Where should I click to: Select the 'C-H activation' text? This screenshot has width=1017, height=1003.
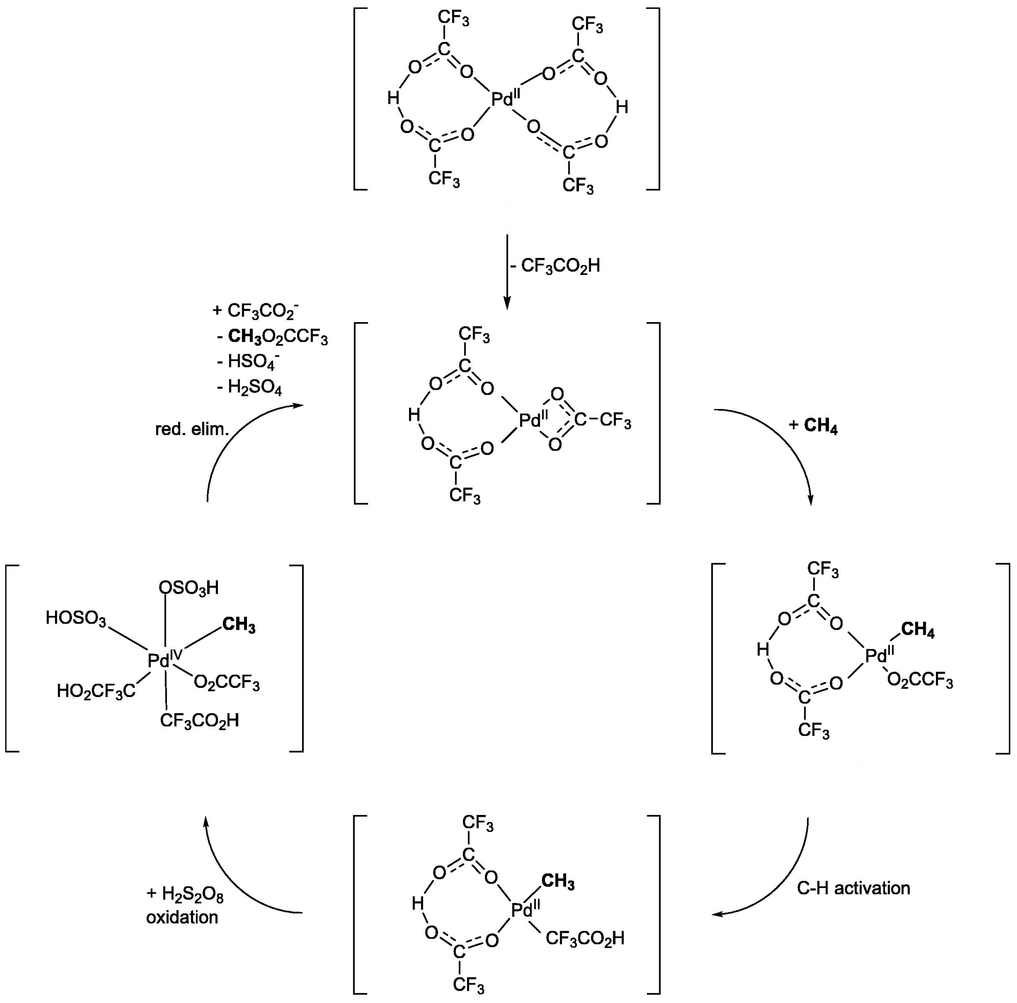pos(853,888)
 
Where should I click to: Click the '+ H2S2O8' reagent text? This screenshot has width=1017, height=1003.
pos(185,893)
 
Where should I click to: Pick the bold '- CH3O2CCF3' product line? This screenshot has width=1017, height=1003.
pos(273,337)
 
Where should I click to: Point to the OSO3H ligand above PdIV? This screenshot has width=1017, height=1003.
pos(189,588)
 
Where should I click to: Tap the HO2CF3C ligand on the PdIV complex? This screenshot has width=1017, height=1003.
pos(96,690)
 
